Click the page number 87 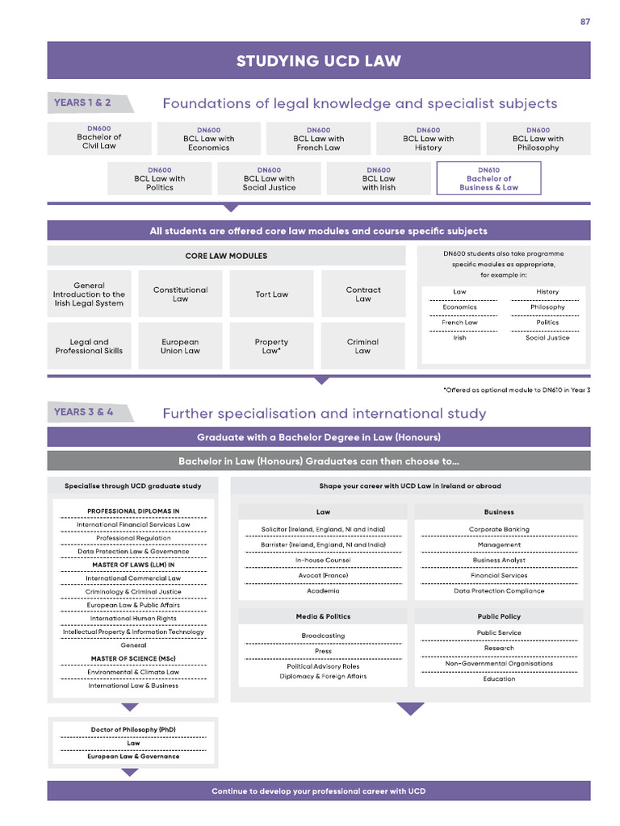point(585,22)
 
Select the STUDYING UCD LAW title point(318,61)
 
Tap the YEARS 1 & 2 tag point(82,103)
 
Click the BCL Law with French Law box point(318,139)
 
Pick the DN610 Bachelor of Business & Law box point(488,179)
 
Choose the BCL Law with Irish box point(379,179)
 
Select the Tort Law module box point(271,294)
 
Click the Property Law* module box point(271,346)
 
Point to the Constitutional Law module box point(180,294)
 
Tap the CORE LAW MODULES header point(226,256)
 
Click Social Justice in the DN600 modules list point(547,338)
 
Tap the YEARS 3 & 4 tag point(83,412)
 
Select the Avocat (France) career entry point(323,575)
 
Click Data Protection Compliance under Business point(499,590)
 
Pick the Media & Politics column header point(323,616)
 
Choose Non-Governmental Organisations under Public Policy point(499,663)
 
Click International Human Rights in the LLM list point(133,619)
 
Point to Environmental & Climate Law point(133,672)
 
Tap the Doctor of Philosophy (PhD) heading point(133,729)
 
